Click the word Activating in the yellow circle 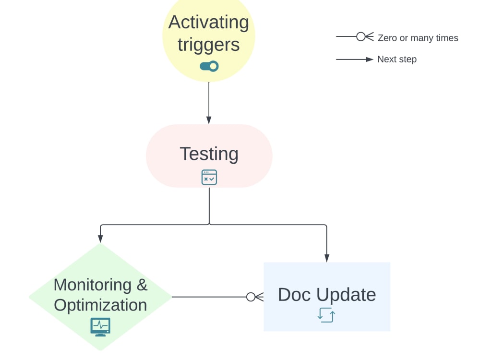point(208,23)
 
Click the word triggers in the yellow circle point(208,45)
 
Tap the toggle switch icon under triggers point(209,66)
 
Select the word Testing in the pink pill point(209,154)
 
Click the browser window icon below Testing point(209,177)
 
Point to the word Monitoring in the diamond point(93,285)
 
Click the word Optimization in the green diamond point(100,305)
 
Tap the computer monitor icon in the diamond point(100,326)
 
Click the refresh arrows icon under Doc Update point(326,315)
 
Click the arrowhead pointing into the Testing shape point(209,120)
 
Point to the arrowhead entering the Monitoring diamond point(100,239)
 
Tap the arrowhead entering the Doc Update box point(327,258)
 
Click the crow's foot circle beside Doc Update point(251,297)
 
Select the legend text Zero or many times point(418,38)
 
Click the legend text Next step point(396,60)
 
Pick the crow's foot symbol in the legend point(364,36)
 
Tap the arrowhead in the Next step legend point(370,60)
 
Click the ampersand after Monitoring point(142,285)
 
